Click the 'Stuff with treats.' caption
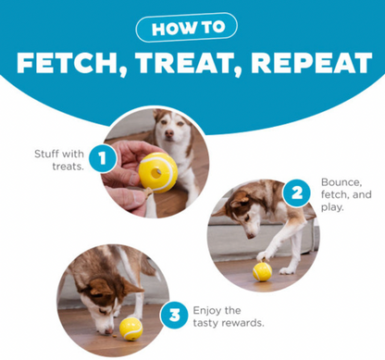coord(60,159)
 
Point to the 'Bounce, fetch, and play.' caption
coord(345,195)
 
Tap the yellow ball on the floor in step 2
coord(262,269)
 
